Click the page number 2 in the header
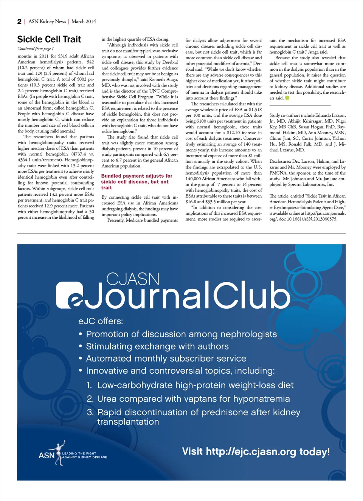click(19, 22)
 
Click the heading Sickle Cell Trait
click(49, 39)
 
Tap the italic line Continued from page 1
click(36, 49)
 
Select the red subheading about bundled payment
click(137, 181)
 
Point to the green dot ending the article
click(287, 98)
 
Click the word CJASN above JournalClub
click(133, 279)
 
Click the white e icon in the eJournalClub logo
click(70, 295)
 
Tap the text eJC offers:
click(101, 321)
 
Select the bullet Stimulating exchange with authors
click(157, 346)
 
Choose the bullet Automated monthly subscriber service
click(166, 359)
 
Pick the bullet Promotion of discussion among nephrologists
click(181, 334)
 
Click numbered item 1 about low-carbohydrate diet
click(195, 385)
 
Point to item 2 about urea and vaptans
click(193, 399)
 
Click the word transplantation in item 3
click(128, 422)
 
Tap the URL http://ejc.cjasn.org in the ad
click(251, 452)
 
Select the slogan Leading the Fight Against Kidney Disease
click(84, 455)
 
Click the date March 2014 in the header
click(84, 22)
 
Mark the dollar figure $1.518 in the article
click(255, 110)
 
